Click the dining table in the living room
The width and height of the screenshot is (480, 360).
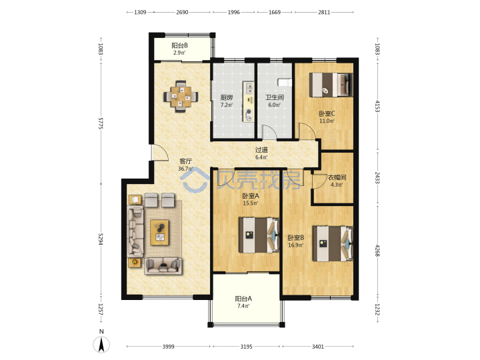click(x=181, y=97)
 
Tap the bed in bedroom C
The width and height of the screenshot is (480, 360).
click(x=331, y=85)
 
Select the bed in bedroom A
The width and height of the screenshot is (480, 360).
click(x=259, y=235)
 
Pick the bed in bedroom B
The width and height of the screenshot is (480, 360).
click(x=333, y=244)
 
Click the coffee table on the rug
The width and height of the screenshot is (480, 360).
click(x=159, y=233)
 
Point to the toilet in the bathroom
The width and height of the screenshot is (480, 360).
click(x=285, y=82)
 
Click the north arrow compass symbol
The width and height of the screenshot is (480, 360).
click(x=101, y=343)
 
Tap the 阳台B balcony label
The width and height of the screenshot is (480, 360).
click(x=179, y=45)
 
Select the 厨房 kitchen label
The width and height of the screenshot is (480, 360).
click(x=227, y=97)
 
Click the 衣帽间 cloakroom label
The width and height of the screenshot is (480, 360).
click(x=337, y=177)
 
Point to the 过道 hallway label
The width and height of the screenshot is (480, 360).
click(x=261, y=150)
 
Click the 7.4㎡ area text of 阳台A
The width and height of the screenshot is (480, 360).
click(x=243, y=306)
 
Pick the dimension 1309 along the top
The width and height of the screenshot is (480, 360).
click(x=140, y=12)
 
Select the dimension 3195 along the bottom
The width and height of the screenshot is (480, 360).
click(x=246, y=347)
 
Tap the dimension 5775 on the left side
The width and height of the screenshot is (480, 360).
click(x=101, y=123)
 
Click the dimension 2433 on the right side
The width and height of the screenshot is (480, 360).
click(x=377, y=177)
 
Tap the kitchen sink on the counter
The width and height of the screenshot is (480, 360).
click(x=249, y=87)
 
